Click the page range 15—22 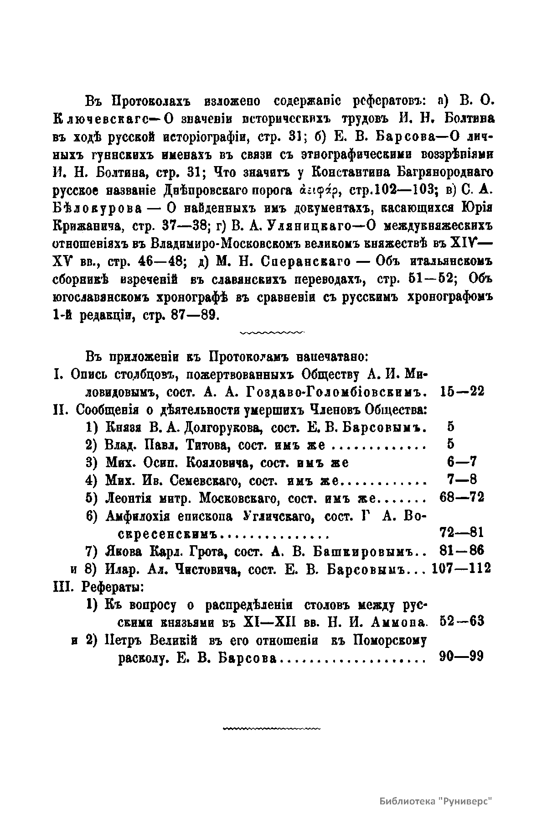[463, 391]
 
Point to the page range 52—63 [463, 622]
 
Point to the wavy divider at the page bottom [272, 729]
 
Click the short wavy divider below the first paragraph [272, 333]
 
